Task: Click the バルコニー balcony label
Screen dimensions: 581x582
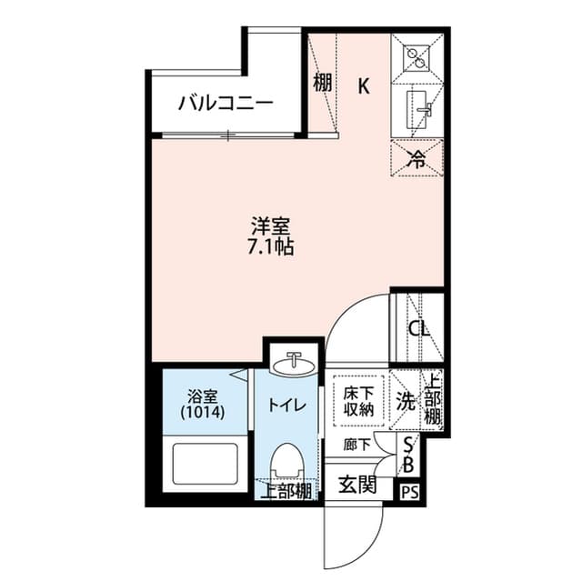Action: tap(225, 102)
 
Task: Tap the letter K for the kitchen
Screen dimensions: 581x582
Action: tap(363, 86)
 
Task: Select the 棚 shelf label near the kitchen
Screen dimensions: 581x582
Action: tap(322, 85)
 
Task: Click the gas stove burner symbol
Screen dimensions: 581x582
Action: tap(417, 55)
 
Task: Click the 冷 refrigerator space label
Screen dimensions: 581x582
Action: tap(417, 159)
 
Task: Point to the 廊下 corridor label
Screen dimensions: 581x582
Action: tap(357, 445)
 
